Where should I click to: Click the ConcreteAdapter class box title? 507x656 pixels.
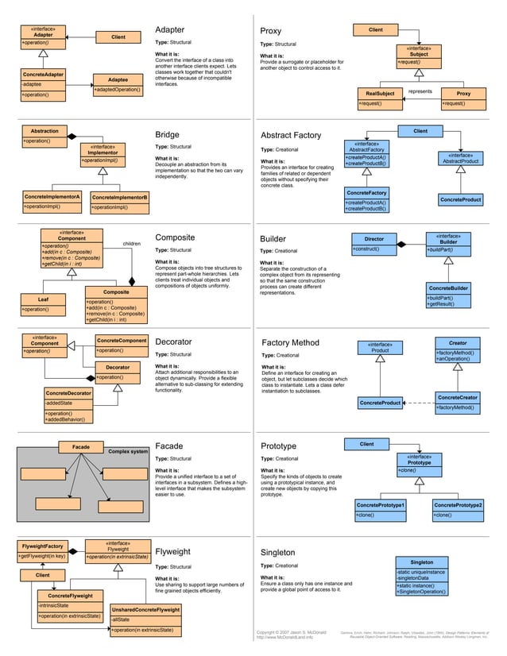click(x=44, y=75)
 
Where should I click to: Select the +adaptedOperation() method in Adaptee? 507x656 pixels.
click(x=118, y=90)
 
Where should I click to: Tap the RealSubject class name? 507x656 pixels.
click(x=379, y=94)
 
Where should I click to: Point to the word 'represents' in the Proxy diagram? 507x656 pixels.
click(x=420, y=92)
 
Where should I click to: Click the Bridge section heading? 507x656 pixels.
click(x=168, y=135)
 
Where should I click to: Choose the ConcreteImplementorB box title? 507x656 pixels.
click(x=119, y=197)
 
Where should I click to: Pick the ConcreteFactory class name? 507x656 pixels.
click(x=366, y=192)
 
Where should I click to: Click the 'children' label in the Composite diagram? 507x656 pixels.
click(x=132, y=244)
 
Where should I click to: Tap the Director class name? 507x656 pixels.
click(x=373, y=239)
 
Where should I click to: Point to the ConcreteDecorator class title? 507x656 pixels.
click(x=68, y=393)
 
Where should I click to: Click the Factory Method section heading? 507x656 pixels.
click(x=290, y=343)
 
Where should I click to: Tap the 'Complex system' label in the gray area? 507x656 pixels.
click(x=128, y=452)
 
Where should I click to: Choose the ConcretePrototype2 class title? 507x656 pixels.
click(x=458, y=505)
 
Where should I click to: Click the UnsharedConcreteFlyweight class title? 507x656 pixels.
click(x=145, y=609)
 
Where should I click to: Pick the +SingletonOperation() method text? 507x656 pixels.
click(x=422, y=592)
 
